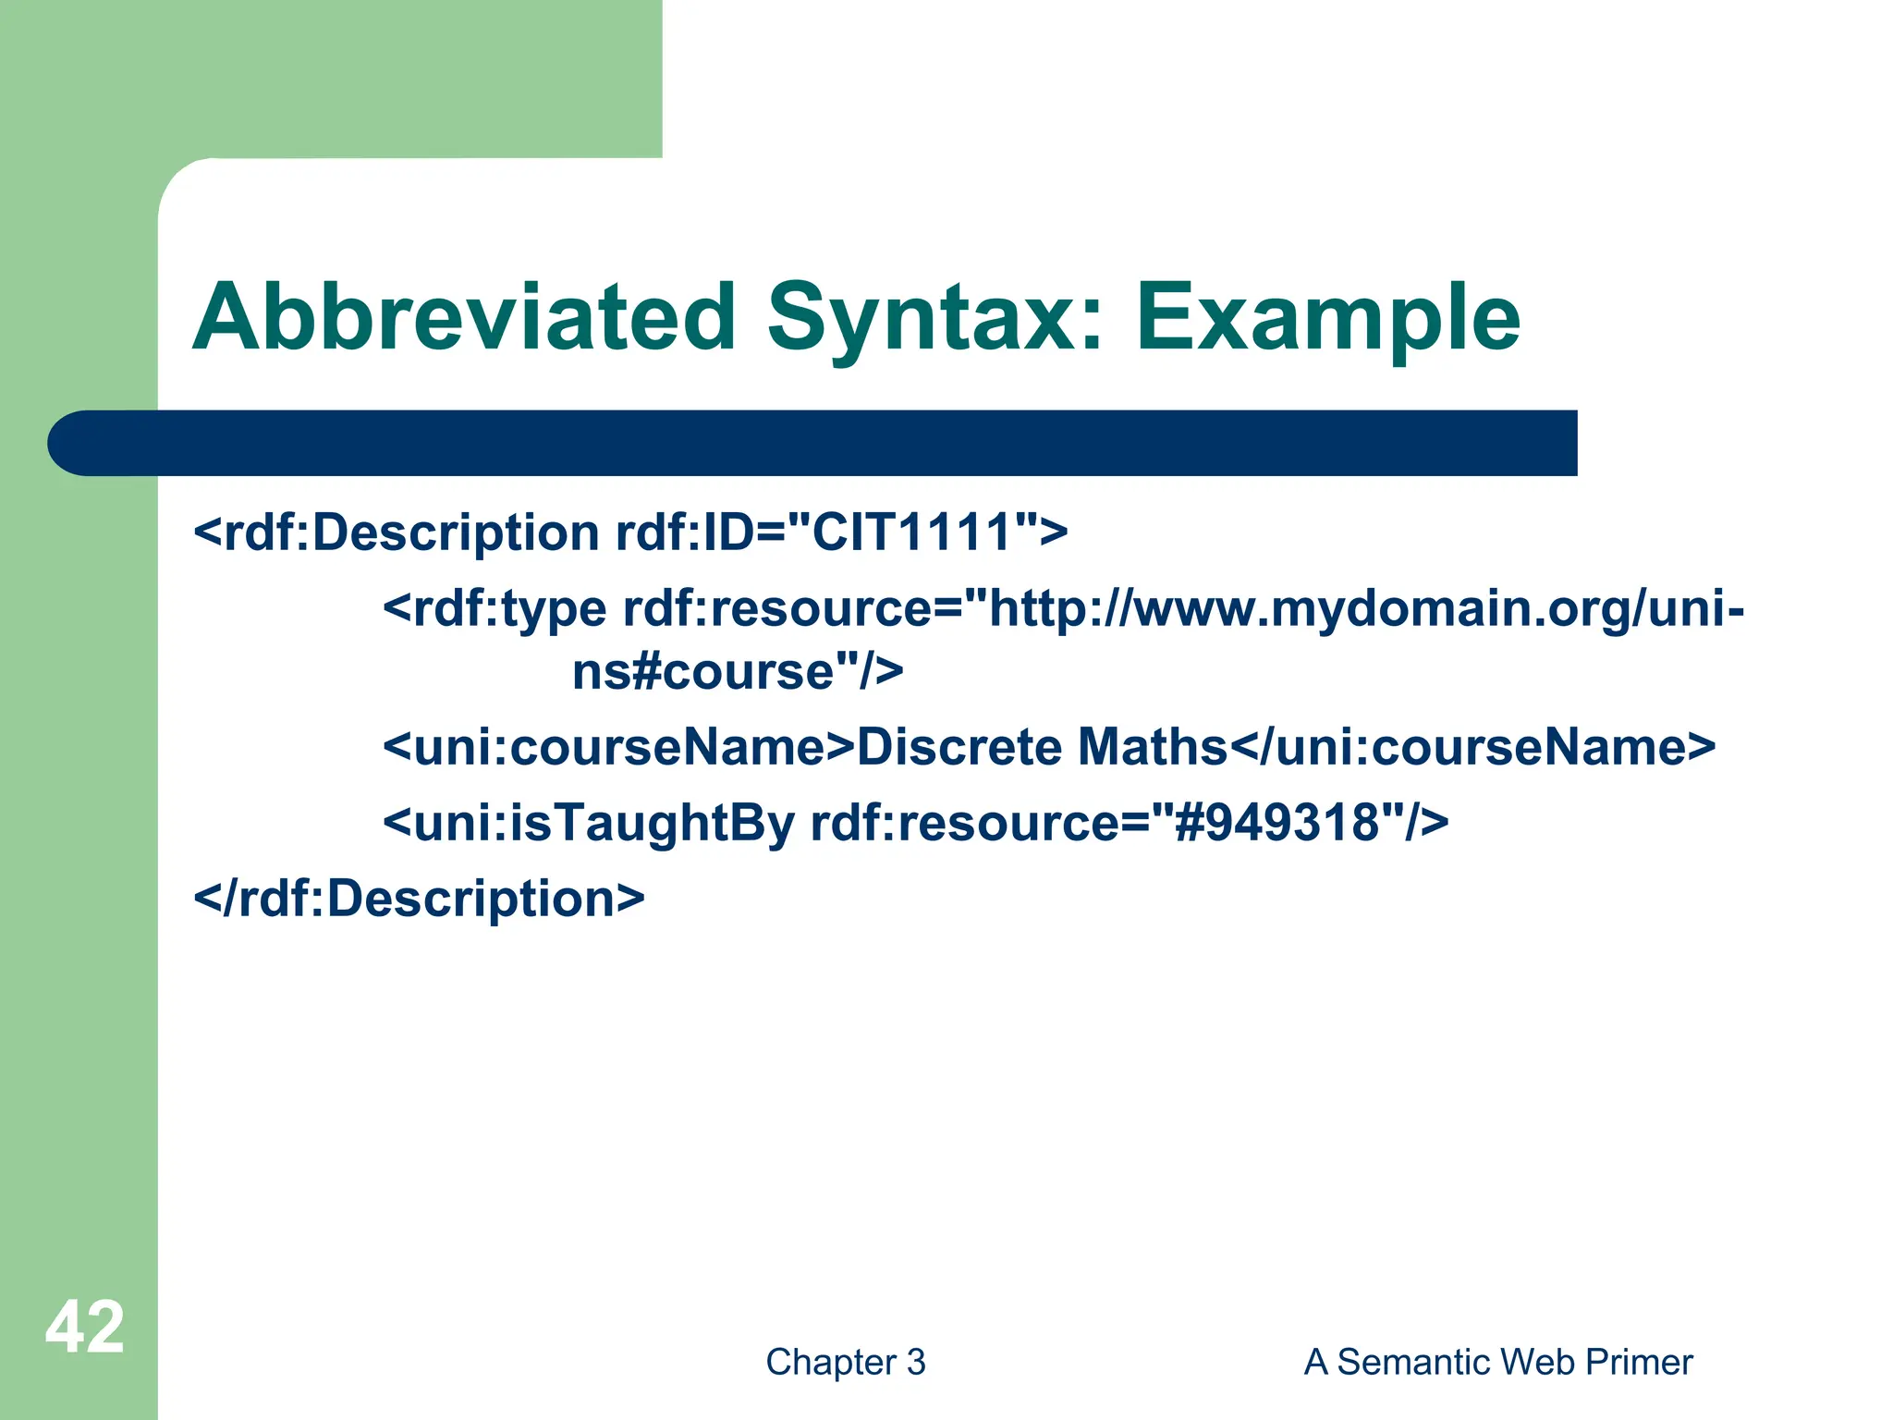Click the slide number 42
point(84,1327)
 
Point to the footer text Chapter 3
point(845,1362)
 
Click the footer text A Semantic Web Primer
point(1497,1362)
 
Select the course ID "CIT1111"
point(911,533)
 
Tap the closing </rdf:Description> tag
point(419,899)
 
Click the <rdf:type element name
point(495,609)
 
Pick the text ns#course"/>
point(737,672)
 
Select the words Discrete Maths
point(1042,747)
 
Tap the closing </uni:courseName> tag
point(1472,747)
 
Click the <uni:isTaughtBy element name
point(589,823)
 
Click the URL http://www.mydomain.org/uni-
point(1366,609)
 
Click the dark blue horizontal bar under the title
point(813,443)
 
